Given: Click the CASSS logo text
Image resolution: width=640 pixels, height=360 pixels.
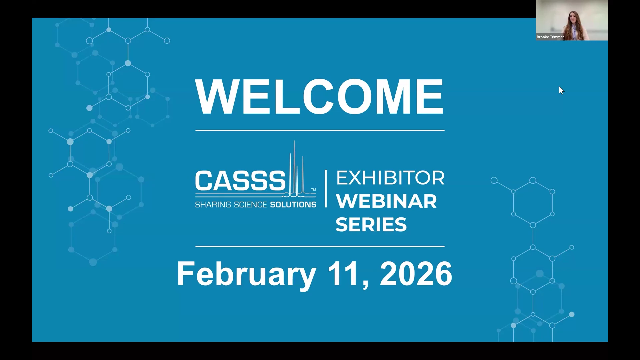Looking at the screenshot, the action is coord(240,181).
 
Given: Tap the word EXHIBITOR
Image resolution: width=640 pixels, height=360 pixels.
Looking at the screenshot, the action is coord(390,178).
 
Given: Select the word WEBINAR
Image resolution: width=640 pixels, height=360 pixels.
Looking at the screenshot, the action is coord(386,201).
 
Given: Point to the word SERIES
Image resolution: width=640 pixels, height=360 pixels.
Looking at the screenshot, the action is coord(371,224).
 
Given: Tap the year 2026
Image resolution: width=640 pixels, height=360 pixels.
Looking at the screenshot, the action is coord(416,274).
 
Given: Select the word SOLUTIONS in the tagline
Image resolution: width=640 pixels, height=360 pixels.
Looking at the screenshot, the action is coord(293,205).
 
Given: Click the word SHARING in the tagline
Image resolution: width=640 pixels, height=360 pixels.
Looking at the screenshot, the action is coord(213,205).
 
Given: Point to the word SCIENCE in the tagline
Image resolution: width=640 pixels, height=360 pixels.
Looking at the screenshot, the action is coord(251,205).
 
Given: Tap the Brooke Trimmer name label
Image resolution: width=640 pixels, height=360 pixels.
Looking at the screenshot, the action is coord(550,37).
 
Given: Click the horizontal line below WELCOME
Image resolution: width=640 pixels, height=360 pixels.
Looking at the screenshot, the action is coord(320,130).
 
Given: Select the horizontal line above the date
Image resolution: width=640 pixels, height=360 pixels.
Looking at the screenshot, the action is coord(320,247).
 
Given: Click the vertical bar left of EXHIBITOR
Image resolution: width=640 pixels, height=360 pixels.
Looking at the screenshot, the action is coord(326,189).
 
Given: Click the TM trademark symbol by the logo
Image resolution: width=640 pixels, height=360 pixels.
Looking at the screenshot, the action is coord(313,190).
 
